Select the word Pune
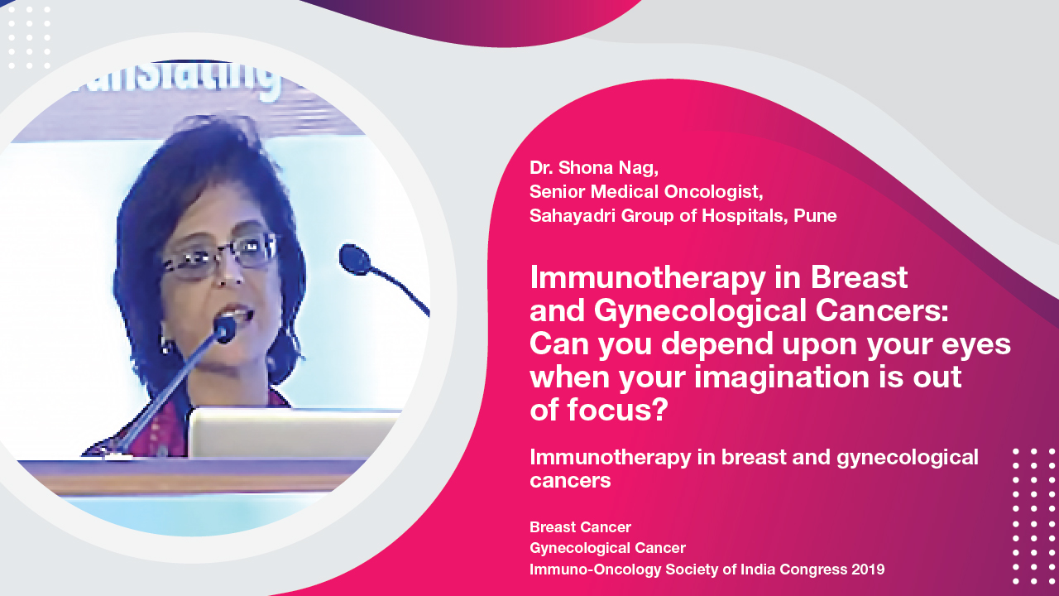point(815,216)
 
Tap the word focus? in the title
point(617,409)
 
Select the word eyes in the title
point(975,345)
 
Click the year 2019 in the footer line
point(868,569)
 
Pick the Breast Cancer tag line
point(580,527)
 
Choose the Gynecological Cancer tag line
point(607,548)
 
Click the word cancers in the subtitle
point(570,481)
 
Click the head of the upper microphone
point(354,259)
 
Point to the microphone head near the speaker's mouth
point(224,328)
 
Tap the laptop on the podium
point(294,433)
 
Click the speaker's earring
point(165,343)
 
